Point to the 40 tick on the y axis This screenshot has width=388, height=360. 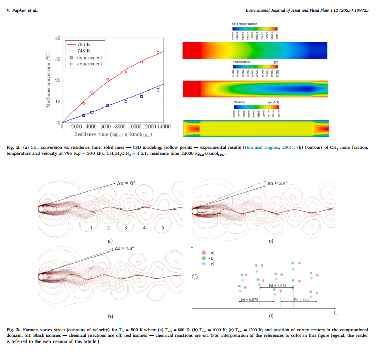click(x=58, y=38)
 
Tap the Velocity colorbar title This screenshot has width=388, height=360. click(x=241, y=102)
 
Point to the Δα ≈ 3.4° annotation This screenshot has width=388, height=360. click(x=276, y=183)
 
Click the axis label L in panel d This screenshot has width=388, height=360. click(x=335, y=312)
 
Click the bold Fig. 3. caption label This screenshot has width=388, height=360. click(x=14, y=329)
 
